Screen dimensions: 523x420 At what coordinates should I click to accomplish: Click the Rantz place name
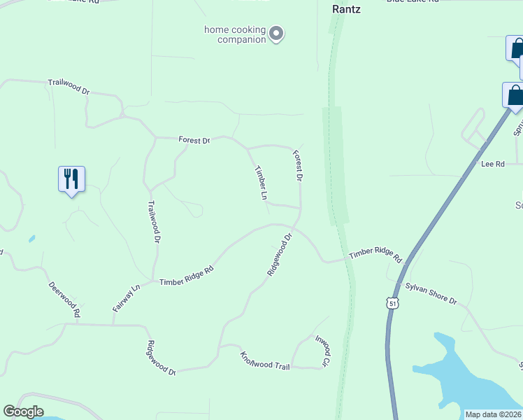[x=345, y=10]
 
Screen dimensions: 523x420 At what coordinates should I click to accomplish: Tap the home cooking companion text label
[x=234, y=34]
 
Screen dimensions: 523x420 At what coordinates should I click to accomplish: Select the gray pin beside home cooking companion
[x=276, y=34]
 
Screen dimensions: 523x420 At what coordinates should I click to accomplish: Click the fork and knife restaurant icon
[x=71, y=179]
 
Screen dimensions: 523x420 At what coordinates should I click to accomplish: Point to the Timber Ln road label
[x=261, y=183]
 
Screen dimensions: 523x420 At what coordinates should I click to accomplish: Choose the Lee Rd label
[x=493, y=164]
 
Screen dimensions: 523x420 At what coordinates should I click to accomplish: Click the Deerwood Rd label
[x=64, y=299]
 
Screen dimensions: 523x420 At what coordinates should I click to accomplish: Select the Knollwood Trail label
[x=265, y=361]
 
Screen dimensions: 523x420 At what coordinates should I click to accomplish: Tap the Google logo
[x=23, y=412]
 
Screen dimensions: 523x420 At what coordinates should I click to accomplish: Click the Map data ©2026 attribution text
[x=493, y=414]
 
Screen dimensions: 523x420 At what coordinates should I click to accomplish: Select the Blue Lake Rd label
[x=413, y=1]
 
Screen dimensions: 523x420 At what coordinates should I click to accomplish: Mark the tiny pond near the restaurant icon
[x=32, y=239]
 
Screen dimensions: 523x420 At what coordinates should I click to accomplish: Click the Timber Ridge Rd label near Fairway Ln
[x=186, y=276]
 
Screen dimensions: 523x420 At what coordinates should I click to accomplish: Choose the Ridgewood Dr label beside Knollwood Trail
[x=161, y=358]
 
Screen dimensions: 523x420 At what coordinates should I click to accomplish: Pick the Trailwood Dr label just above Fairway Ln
[x=155, y=222]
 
